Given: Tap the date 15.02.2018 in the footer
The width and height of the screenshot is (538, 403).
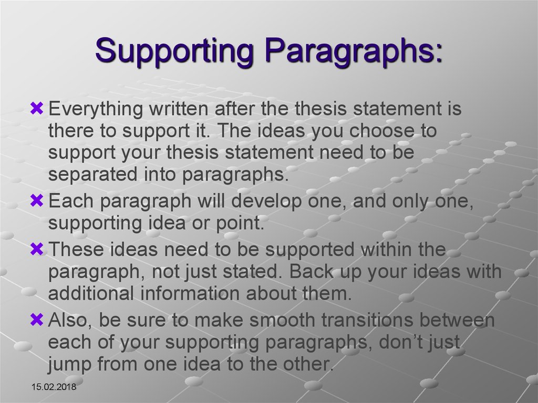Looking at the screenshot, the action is tap(54, 387).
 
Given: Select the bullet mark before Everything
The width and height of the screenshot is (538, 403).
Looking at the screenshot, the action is tap(37, 108).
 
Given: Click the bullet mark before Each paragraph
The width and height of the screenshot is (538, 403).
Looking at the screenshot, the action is tap(37, 201).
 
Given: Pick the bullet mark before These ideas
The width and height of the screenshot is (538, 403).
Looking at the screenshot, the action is tap(37, 249).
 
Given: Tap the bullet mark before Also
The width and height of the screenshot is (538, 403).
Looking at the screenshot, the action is tap(37, 319).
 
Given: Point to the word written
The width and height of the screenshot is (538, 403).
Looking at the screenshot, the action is tap(179, 108).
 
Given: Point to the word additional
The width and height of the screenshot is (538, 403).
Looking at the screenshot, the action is tap(90, 294).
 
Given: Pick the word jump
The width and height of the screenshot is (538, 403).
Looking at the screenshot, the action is tap(70, 365).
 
